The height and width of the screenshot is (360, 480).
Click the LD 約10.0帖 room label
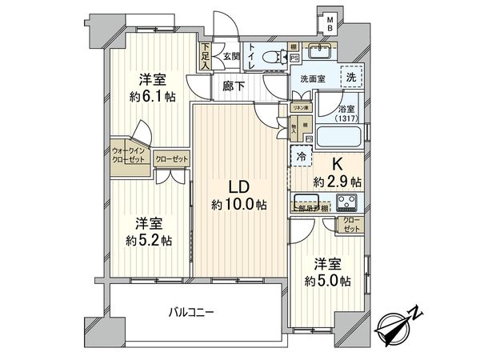tap(238, 195)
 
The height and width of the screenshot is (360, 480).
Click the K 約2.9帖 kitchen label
tap(335, 172)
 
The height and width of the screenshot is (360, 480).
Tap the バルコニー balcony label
tap(190, 312)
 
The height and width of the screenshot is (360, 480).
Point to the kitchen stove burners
tap(349, 201)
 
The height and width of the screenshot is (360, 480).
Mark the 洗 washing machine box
tap(351, 78)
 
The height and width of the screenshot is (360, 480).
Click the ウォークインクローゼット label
tap(127, 154)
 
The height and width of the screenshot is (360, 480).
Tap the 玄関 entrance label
tap(231, 55)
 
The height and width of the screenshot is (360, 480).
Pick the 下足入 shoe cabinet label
tap(206, 58)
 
